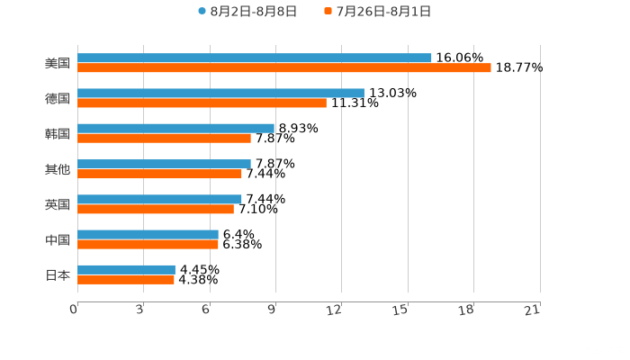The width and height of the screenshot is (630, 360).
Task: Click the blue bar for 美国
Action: click(x=255, y=58)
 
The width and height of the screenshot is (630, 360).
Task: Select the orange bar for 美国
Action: click(x=284, y=68)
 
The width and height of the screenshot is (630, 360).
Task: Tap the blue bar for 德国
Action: click(x=220, y=93)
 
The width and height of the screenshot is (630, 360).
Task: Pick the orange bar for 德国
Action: click(x=202, y=103)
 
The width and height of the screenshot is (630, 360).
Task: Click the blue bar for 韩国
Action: click(x=175, y=128)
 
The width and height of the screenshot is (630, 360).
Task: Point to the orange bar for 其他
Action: click(x=159, y=174)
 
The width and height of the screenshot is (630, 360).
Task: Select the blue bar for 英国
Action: click(x=159, y=199)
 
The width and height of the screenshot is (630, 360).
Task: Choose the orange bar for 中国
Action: click(x=148, y=244)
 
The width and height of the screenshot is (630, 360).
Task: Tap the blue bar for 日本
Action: click(x=126, y=269)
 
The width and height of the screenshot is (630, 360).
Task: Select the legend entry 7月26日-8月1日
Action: click(x=383, y=12)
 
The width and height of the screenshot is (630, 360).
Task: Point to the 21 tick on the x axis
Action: click(x=533, y=310)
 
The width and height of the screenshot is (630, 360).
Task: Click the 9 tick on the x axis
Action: click(x=272, y=310)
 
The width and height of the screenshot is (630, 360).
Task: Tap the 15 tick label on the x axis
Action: click(x=401, y=310)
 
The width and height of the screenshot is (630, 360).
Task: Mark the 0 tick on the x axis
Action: click(x=74, y=310)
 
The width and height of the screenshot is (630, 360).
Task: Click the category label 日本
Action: click(x=57, y=274)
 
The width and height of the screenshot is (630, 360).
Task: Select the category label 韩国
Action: click(x=57, y=133)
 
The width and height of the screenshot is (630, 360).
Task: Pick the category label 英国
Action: click(x=57, y=204)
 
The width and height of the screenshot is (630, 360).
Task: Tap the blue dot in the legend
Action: click(x=202, y=12)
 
